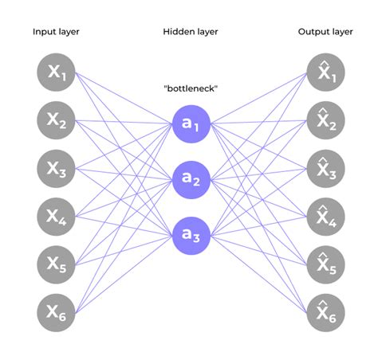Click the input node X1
[x=56, y=72]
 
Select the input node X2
[x=56, y=120]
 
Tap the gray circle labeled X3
[x=56, y=169]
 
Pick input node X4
[x=56, y=217]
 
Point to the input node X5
[x=56, y=264]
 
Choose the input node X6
[x=56, y=313]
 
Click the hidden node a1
[x=191, y=124]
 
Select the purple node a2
[x=191, y=180]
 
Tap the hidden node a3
[x=191, y=236]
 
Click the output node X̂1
[x=326, y=72]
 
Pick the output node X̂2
[x=326, y=120]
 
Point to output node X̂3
[x=326, y=169]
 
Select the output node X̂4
[x=326, y=217]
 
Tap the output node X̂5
[x=326, y=264]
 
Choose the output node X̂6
[x=326, y=313]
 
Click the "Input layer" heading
[x=56, y=32]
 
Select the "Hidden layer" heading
[x=191, y=32]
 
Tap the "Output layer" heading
[x=325, y=32]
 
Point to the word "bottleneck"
[x=191, y=88]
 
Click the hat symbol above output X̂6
[x=323, y=303]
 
